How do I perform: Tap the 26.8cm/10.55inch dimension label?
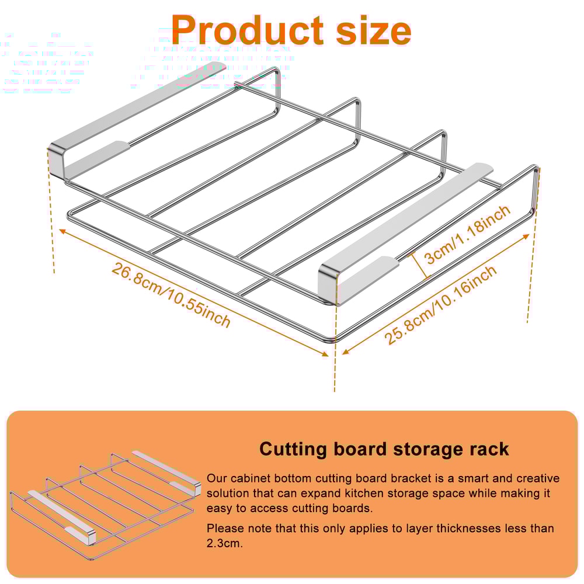click(171, 296)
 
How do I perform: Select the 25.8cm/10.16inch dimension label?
click(441, 305)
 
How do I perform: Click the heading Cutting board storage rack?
click(384, 449)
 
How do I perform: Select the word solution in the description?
click(228, 493)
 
